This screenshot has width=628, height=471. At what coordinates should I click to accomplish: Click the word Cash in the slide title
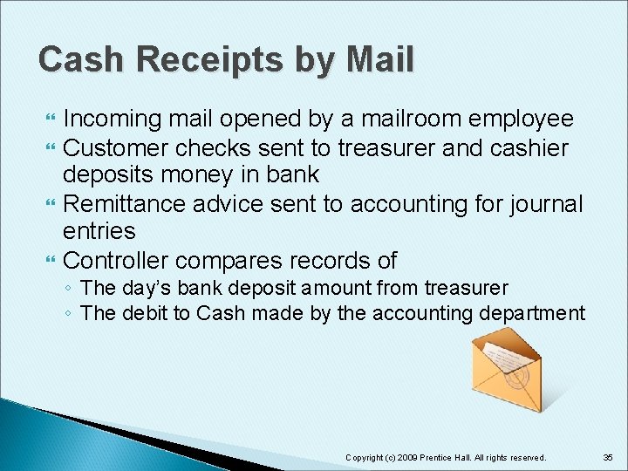[73, 60]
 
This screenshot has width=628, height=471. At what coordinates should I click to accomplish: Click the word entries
[99, 232]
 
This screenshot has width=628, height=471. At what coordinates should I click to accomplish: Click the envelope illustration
[509, 370]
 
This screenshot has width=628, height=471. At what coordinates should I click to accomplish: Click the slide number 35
[608, 457]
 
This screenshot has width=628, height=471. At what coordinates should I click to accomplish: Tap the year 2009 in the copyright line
[407, 457]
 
